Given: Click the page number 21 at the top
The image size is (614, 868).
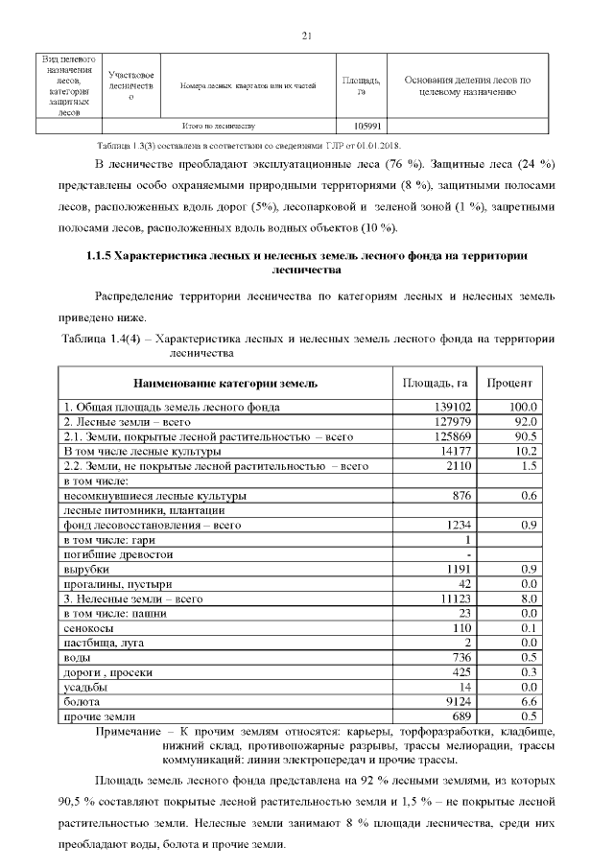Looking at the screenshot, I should (307, 35).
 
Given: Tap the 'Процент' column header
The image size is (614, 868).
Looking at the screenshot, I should (511, 384).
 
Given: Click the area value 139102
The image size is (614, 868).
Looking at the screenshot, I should (449, 407).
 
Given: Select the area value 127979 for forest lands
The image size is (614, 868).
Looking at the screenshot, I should (449, 422).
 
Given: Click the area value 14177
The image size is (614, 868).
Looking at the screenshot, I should (452, 451).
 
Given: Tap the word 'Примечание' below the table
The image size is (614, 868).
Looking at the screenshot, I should (131, 732).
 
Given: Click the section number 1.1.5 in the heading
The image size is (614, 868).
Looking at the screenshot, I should (93, 257).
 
